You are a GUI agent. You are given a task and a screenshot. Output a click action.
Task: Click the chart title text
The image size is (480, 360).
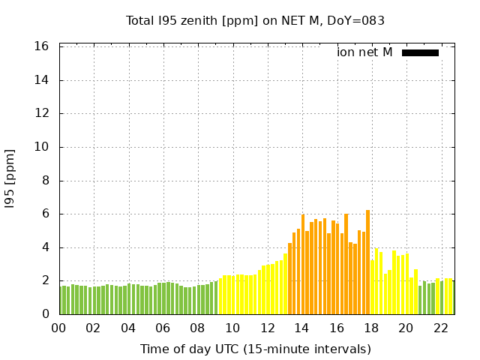(x=255, y=21)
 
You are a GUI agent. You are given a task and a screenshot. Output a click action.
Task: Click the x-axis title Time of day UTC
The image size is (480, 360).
(x=255, y=349)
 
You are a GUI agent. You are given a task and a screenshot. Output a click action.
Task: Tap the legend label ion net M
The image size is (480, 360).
(x=364, y=52)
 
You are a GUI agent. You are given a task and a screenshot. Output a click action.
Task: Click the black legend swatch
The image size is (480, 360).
(x=420, y=52)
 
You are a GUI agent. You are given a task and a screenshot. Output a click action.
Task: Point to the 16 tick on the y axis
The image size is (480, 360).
(x=42, y=46)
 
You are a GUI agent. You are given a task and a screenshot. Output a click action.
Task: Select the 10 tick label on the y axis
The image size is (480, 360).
(x=42, y=147)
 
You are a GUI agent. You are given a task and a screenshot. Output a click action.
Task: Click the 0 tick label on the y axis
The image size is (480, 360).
(x=45, y=314)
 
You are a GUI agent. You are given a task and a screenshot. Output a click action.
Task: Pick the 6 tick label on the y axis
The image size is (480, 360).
(x=45, y=214)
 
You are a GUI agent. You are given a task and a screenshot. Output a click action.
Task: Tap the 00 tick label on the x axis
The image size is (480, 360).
(x=58, y=328)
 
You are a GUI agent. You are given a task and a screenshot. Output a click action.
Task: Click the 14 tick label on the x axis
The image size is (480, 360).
(x=301, y=328)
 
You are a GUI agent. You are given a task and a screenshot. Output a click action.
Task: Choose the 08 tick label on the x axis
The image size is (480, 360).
(x=197, y=328)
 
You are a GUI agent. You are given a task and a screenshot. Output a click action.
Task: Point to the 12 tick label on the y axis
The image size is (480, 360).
(x=42, y=113)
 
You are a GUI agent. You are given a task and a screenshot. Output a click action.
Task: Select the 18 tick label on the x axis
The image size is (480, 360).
(x=370, y=328)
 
